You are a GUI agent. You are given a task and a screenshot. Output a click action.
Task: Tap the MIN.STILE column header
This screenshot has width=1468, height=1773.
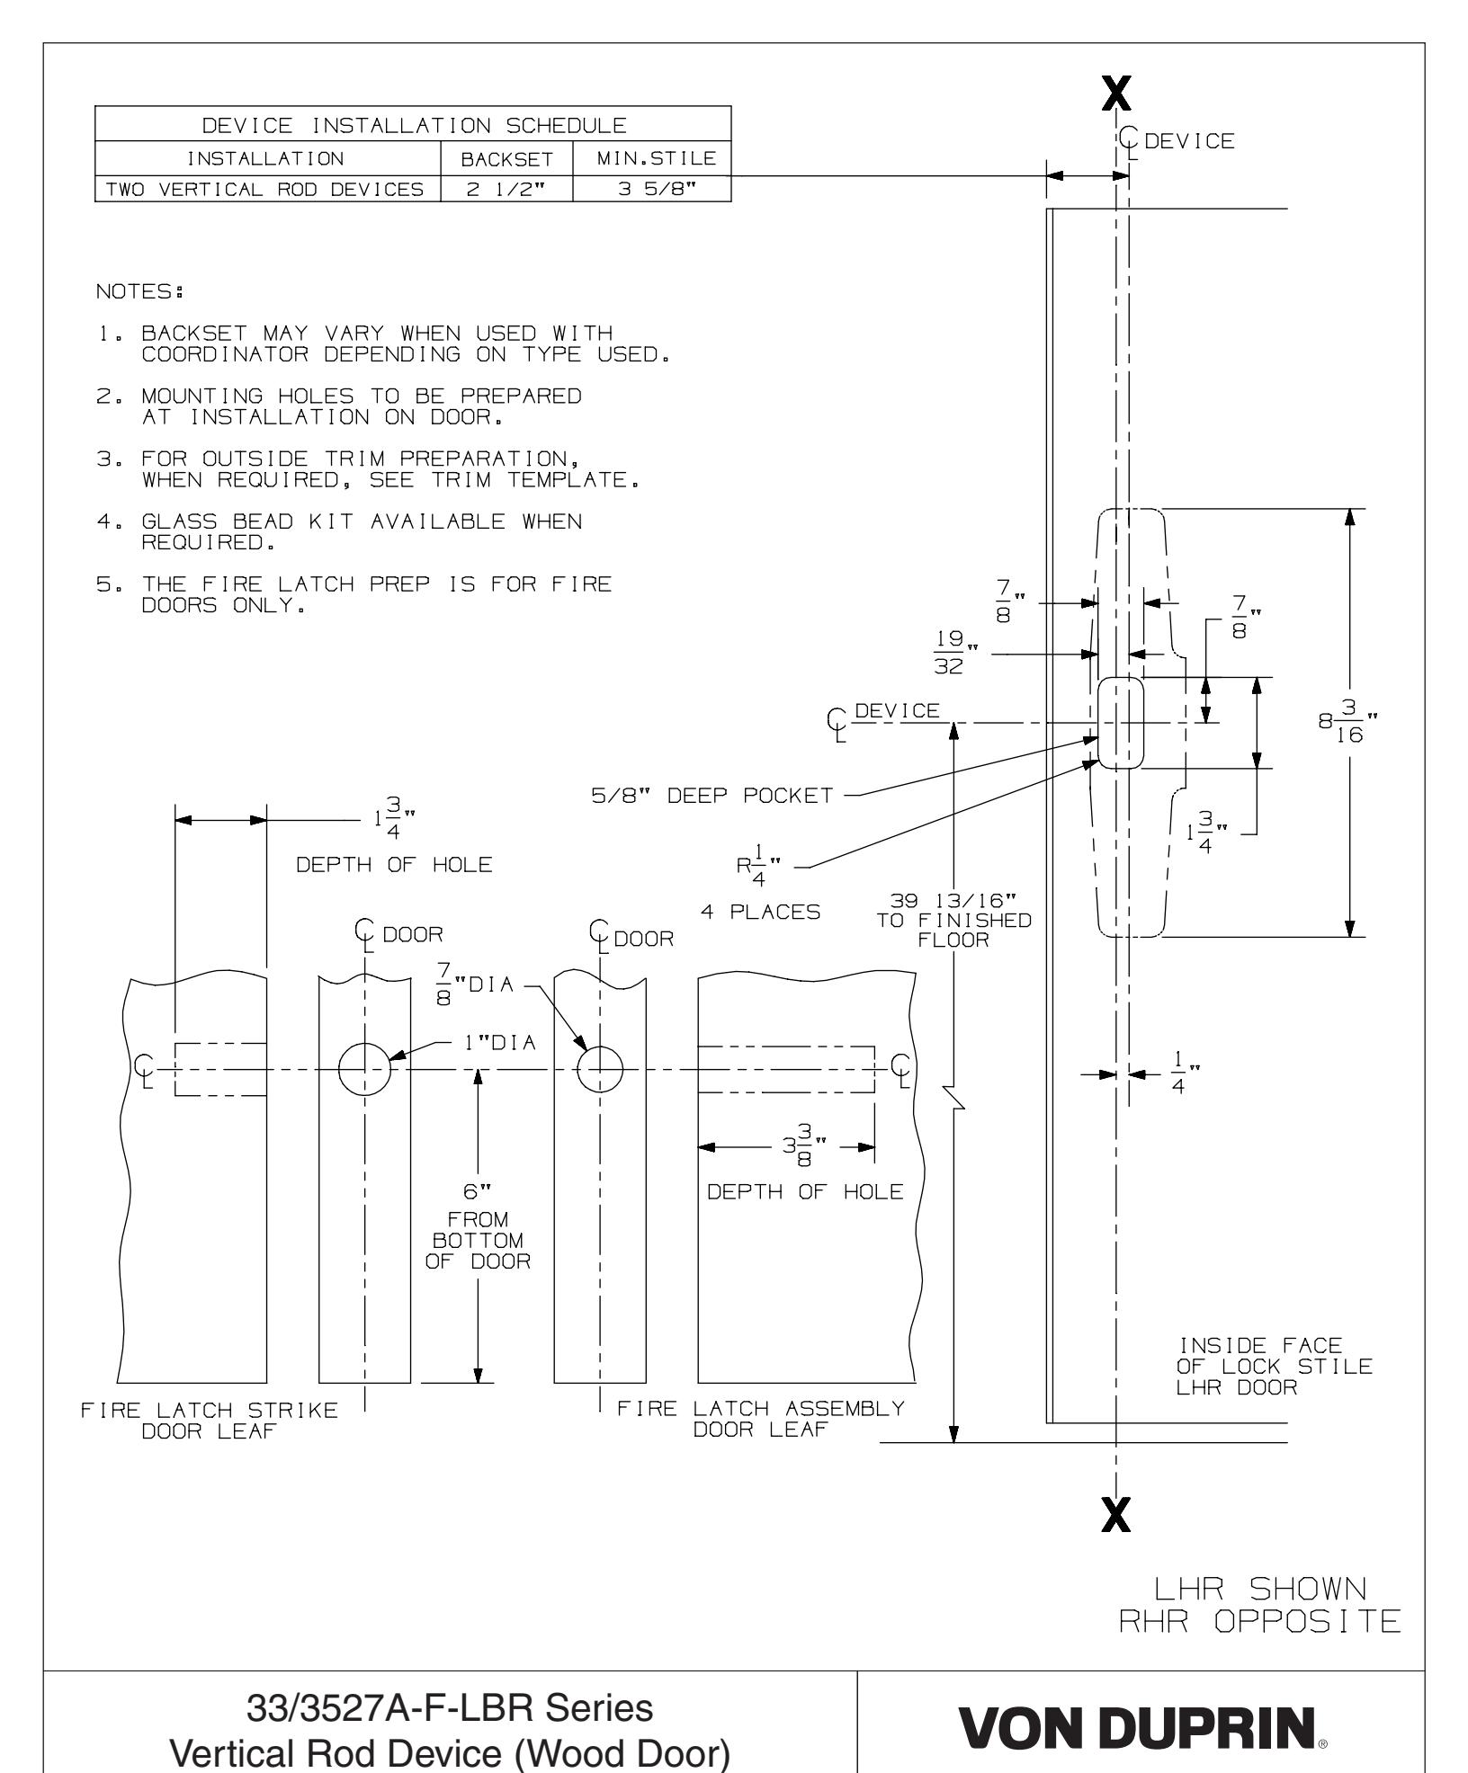[651, 160]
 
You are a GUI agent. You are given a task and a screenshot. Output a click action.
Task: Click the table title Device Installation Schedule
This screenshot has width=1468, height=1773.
[412, 123]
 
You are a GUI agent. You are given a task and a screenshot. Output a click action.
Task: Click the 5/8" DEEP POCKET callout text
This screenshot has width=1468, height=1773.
[712, 795]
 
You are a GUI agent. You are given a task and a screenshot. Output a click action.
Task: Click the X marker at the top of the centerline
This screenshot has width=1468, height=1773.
[1115, 93]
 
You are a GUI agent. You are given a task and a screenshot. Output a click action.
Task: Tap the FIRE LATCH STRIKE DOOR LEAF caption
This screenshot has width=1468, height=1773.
[210, 1420]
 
